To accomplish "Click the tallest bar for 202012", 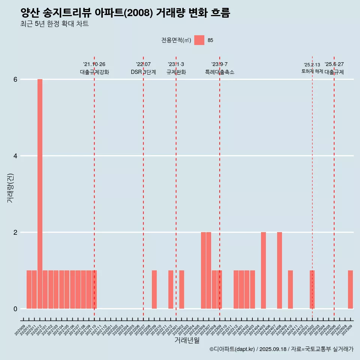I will point(40,194).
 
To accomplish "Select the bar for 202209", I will point(154,289).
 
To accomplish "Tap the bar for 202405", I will point(263,270).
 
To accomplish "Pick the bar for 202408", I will point(279,270).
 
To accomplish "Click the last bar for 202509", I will point(350,289).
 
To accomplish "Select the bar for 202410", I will point(290,289).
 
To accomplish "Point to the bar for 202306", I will point(203,270).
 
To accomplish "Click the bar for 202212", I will point(171,289).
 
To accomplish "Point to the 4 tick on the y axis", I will point(15,156).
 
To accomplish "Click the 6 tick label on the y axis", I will point(15,79).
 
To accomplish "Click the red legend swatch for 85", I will point(199,40).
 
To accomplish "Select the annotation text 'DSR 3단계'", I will point(143,72).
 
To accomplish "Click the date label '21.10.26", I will point(94,64).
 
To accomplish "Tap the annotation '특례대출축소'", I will point(220,72).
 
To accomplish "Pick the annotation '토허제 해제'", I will point(312,71).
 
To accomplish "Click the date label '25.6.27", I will point(334,64).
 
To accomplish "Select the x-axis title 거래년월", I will point(187,340).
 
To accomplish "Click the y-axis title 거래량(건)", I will point(10,188).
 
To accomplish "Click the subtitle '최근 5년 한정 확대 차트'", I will point(55,24).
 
